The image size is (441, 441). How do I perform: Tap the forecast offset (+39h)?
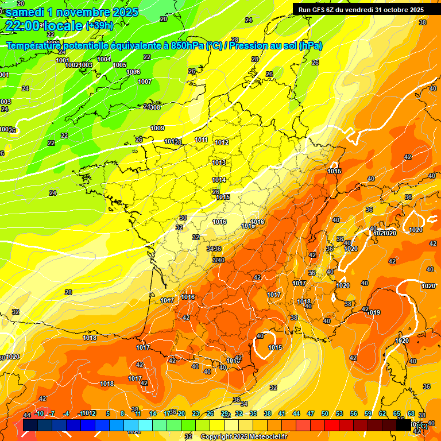[x=99, y=25]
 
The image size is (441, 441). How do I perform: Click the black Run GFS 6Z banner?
[x=361, y=9]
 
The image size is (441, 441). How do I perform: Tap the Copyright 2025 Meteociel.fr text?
[x=243, y=436]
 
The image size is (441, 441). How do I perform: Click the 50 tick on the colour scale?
[x=325, y=413]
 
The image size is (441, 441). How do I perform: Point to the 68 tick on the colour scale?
[x=411, y=413]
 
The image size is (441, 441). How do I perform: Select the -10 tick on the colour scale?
[x=40, y=413]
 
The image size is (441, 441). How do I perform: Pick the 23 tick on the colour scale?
[x=196, y=413]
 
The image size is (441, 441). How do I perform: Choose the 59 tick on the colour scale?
[x=368, y=413]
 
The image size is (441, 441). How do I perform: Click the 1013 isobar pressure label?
[x=219, y=163]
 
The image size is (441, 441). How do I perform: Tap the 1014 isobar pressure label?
[x=219, y=180]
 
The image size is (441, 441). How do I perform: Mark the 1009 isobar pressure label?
[x=157, y=128]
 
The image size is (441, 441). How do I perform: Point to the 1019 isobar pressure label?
[x=374, y=312]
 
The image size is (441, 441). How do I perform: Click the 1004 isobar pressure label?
[x=104, y=59]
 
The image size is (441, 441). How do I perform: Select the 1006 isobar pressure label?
[x=133, y=72]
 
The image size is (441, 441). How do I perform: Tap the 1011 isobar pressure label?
[x=201, y=140]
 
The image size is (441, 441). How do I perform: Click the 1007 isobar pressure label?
[x=145, y=82]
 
